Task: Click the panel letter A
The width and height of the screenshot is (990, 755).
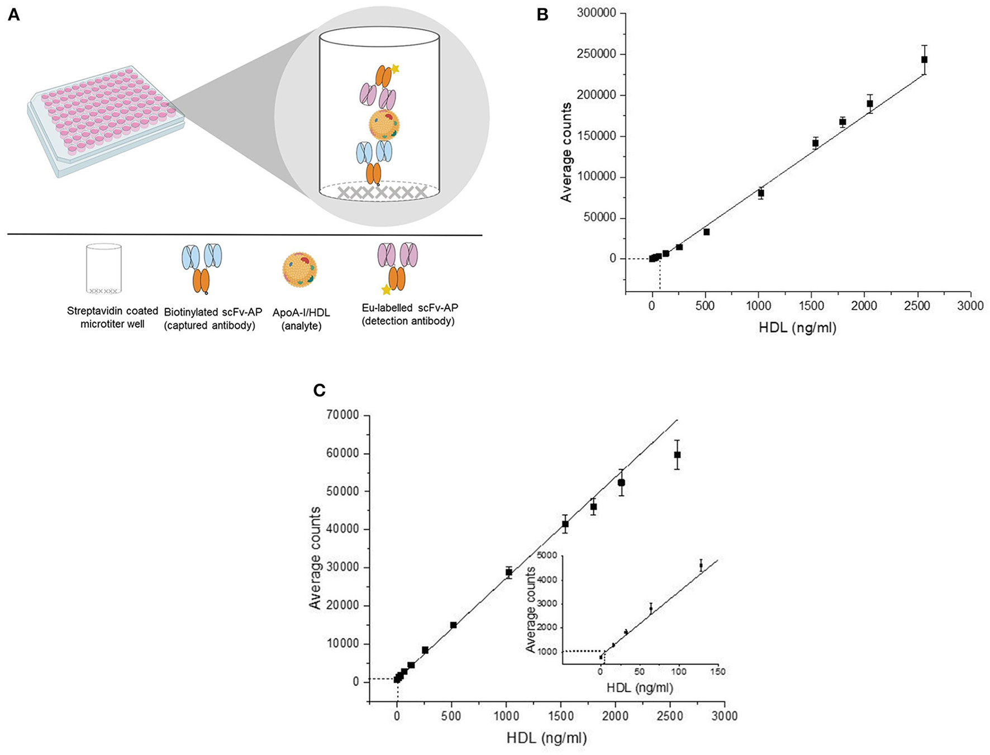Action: (x=13, y=15)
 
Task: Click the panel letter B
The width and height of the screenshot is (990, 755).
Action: (x=542, y=15)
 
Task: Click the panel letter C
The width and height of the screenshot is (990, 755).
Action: (x=319, y=390)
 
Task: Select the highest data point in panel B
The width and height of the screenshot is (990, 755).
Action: (x=924, y=59)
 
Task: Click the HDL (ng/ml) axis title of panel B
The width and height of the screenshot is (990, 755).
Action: (x=797, y=328)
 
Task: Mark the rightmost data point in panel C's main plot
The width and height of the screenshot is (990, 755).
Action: (x=677, y=455)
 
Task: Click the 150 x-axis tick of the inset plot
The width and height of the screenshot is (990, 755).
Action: (x=717, y=672)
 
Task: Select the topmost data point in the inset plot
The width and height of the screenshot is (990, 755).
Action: (x=701, y=566)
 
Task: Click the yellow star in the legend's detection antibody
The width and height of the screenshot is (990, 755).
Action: (x=385, y=289)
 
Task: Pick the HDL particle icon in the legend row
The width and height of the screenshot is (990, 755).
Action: (x=299, y=270)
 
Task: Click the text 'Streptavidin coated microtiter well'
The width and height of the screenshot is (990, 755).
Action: (x=112, y=317)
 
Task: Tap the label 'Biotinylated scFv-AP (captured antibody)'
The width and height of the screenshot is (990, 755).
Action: (x=212, y=319)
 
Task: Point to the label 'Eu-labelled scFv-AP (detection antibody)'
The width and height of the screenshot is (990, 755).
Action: (x=410, y=314)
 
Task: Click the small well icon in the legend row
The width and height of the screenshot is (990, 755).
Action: (x=104, y=268)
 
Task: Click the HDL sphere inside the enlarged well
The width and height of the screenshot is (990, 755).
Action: (x=384, y=125)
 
